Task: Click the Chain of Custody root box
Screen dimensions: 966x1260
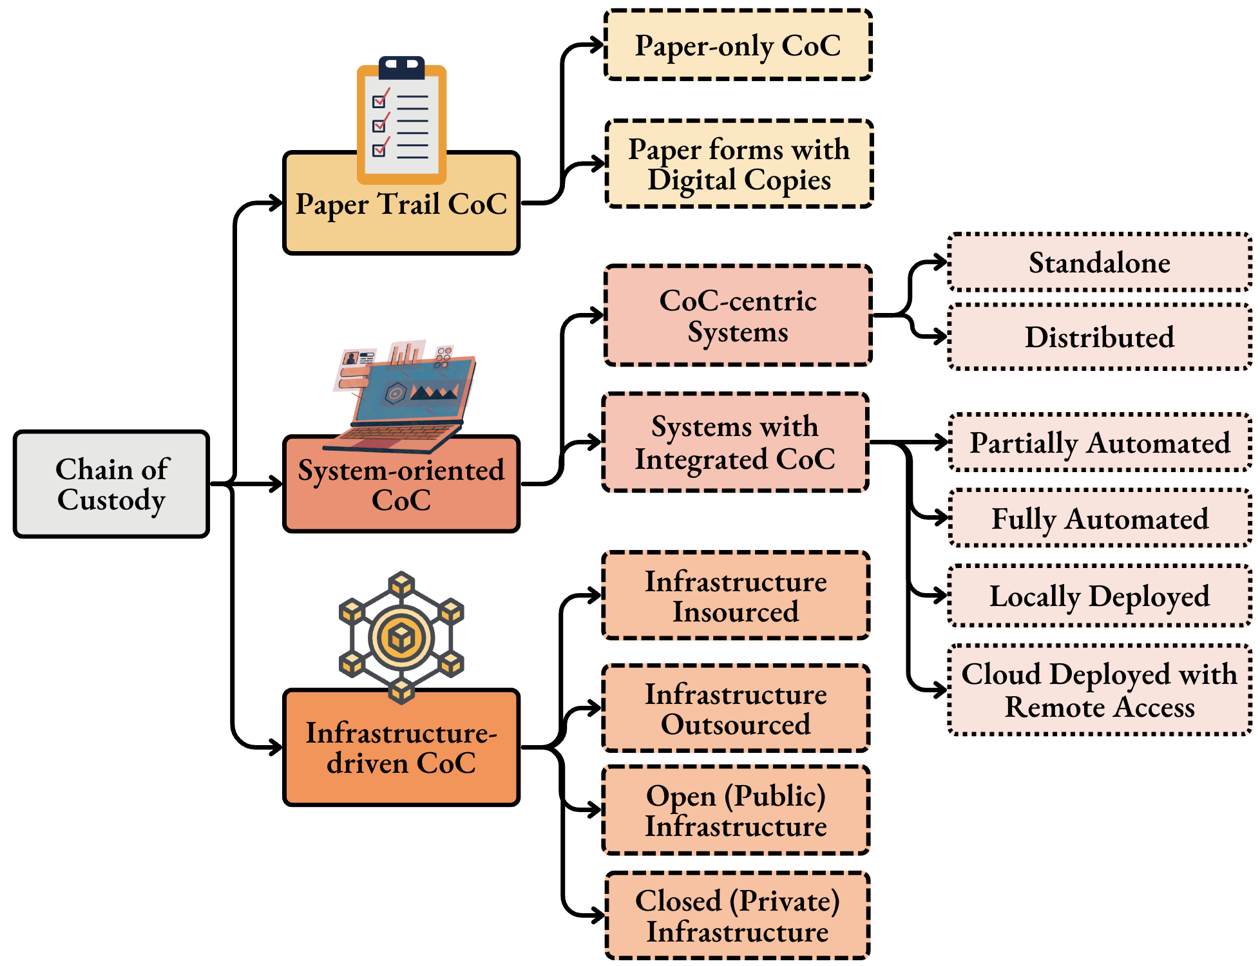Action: [111, 484]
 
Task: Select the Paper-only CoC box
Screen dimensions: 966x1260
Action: [738, 45]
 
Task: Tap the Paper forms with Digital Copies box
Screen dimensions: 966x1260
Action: [739, 164]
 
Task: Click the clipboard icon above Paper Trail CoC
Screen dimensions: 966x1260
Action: [401, 120]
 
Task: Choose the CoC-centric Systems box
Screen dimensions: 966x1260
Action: [738, 316]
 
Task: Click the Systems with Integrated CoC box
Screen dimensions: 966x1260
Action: [735, 442]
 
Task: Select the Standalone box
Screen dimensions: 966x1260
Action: [1099, 263]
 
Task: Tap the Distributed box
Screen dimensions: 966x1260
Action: [1099, 337]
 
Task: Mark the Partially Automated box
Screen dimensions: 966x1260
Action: [1100, 442]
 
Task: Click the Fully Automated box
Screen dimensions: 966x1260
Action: [1100, 518]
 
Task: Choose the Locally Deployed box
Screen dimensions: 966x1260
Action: [1099, 596]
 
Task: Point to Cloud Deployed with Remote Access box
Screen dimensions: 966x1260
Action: [1099, 690]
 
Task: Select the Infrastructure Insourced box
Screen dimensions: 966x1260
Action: [736, 596]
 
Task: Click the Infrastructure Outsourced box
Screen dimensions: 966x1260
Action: [736, 708]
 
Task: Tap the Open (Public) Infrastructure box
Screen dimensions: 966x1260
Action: [736, 810]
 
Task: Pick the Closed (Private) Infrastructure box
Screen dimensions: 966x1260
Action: [738, 916]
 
